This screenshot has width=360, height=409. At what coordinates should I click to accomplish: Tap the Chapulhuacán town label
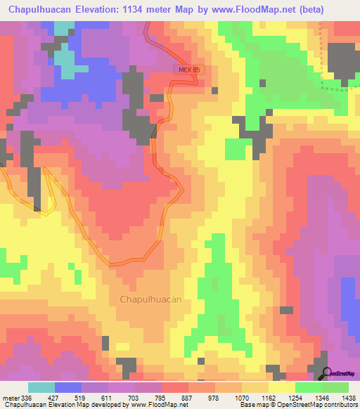point(151,299)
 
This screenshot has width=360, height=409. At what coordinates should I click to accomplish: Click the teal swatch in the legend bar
point(41,387)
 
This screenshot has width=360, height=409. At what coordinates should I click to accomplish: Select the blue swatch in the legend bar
point(68,387)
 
